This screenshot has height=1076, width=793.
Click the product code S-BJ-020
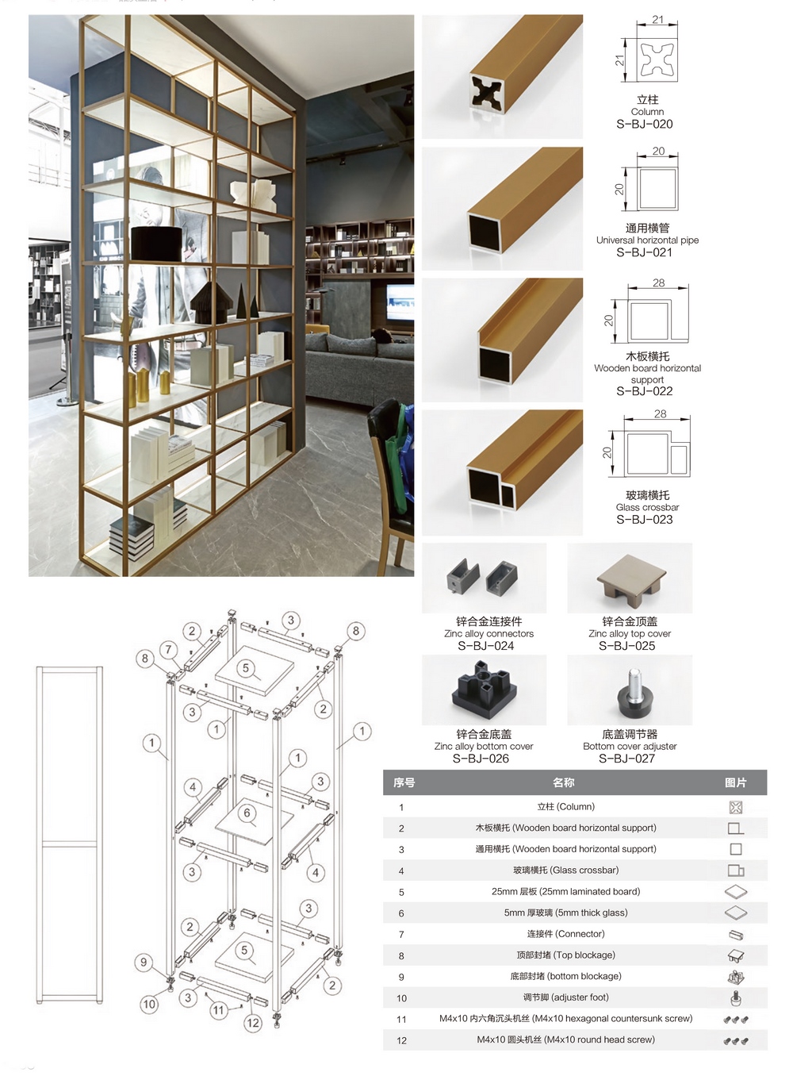[x=644, y=124]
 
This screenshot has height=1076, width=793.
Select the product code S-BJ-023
[x=644, y=519]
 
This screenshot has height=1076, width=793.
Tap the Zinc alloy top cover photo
[x=630, y=578]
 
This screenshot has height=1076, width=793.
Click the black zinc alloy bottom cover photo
[x=484, y=690]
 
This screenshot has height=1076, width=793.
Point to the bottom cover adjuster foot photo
[x=630, y=690]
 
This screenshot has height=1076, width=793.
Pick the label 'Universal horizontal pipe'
[x=647, y=240]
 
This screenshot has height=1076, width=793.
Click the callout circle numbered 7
[x=168, y=650]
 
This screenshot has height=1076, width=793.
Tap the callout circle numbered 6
[x=247, y=813]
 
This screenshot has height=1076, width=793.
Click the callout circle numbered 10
[x=149, y=1004]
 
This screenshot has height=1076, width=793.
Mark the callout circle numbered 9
[x=144, y=962]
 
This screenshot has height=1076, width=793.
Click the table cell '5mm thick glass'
[x=565, y=913]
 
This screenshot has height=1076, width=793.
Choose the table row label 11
[x=401, y=1020]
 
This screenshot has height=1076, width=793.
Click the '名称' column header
[x=564, y=782]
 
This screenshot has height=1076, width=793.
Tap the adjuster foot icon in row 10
[x=735, y=998]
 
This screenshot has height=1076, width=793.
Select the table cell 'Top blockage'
[x=565, y=955]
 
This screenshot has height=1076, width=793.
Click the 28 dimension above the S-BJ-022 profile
[x=659, y=283]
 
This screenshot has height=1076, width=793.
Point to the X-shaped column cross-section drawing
[x=657, y=61]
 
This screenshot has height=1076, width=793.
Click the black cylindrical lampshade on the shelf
[x=156, y=244]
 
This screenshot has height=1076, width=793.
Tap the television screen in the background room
[x=400, y=302]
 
